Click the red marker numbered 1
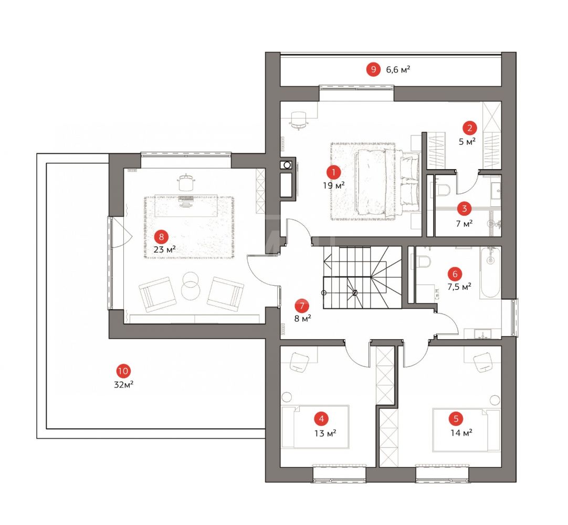pos(333,173)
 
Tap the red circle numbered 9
pos(373,69)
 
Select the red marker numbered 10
pos(123,371)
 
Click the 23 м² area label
pos(164,250)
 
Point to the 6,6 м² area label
pos(398,69)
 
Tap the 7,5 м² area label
pos(459,287)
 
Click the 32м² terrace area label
pos(123,384)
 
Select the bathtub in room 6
pos(490,272)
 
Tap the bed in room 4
pos(315,427)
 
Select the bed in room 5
pos(467,430)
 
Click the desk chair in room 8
pos(186,182)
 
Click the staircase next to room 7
pos(363,277)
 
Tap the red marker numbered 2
pos(470,128)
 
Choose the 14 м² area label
pos(461,433)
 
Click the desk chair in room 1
pos(299,120)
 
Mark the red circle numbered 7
pos(302,306)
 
